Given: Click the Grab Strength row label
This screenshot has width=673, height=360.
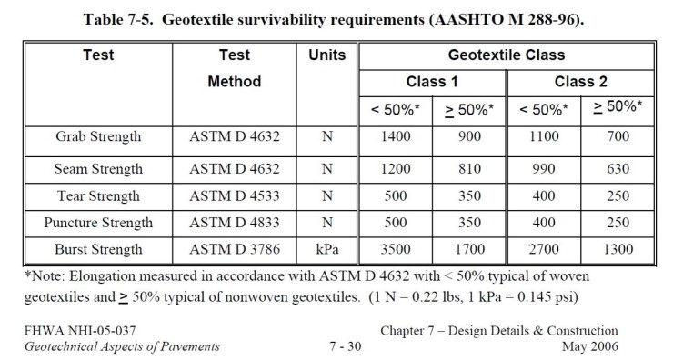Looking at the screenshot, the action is pyautogui.click(x=97, y=137).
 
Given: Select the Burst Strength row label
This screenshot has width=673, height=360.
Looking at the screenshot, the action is pyautogui.click(x=97, y=249).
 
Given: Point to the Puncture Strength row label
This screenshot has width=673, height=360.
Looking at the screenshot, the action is pyautogui.click(x=97, y=222).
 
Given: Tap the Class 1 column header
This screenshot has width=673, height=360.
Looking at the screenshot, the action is pyautogui.click(x=431, y=82).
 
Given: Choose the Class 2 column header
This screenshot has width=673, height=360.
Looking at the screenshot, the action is pyautogui.click(x=581, y=82).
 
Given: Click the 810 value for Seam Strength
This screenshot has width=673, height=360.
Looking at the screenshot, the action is pyautogui.click(x=469, y=168).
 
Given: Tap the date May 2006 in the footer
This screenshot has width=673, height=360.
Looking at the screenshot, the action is pyautogui.click(x=592, y=346).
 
